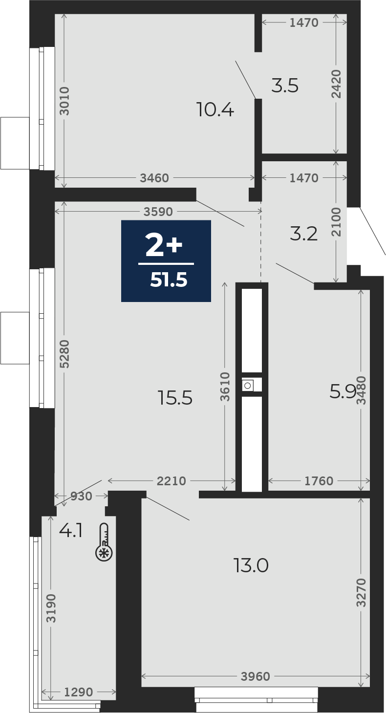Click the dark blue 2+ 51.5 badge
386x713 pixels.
[166, 260]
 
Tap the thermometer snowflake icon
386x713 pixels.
[104, 541]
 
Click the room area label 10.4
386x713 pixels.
[215, 109]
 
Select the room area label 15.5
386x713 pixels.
[175, 398]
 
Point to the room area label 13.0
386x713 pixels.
[251, 565]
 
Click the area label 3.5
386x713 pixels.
[285, 86]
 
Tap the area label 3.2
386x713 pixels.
[304, 234]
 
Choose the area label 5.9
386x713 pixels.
[343, 391]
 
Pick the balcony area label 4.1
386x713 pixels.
[71, 531]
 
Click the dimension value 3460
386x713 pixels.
[155, 178]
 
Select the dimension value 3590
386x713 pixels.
[158, 212]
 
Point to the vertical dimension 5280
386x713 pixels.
[64, 354]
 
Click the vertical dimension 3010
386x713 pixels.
[64, 101]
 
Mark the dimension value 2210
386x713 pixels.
[171, 481]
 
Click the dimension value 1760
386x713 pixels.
[319, 481]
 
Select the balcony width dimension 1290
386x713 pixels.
[78, 701]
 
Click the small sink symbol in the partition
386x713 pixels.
[247, 386]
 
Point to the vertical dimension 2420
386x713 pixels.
[336, 84]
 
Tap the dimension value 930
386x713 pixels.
[81, 496]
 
